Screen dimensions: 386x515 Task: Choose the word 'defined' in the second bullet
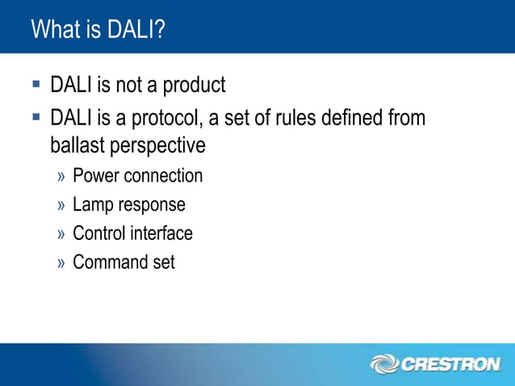click(x=354, y=118)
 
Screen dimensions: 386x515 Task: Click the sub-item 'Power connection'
click(x=137, y=175)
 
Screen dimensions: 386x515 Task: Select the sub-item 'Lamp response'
click(x=128, y=205)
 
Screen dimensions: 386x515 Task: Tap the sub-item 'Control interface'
click(x=132, y=233)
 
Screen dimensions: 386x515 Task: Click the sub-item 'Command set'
click(x=124, y=262)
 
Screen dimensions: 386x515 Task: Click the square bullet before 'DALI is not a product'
click(x=36, y=83)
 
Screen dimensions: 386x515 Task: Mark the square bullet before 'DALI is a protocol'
click(x=36, y=117)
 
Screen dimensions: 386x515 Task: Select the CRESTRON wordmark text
click(x=450, y=365)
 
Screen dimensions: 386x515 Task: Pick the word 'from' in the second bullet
click(x=407, y=118)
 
